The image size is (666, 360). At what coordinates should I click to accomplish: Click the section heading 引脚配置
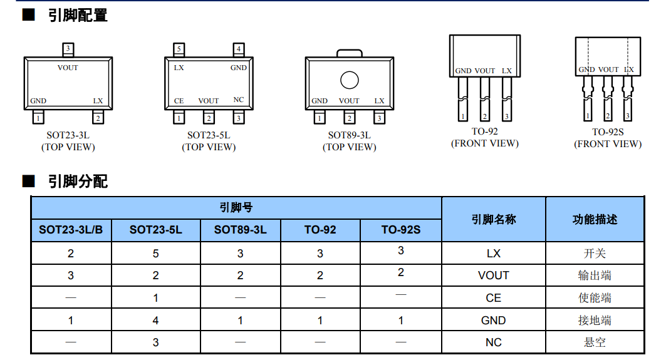point(77,15)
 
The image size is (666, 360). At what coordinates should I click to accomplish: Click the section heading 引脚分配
point(77,182)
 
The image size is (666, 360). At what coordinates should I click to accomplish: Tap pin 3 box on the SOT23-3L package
point(68,49)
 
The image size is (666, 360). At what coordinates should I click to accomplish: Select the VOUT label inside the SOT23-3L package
point(68,68)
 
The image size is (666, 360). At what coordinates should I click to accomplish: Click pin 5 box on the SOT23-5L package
point(179,49)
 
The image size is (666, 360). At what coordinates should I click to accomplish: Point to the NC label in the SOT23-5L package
point(238,100)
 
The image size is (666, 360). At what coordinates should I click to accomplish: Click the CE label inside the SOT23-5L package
point(179,101)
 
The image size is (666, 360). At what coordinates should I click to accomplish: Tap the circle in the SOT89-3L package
point(349,80)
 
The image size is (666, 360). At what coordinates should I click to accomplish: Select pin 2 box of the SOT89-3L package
point(349,118)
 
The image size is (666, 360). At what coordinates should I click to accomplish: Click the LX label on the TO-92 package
point(506,71)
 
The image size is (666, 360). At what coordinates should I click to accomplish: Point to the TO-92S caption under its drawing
point(608,132)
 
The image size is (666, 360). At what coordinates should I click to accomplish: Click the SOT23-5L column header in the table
point(155,230)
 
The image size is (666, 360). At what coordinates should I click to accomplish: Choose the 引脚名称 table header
point(493,219)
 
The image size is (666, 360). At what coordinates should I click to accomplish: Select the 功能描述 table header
point(594,219)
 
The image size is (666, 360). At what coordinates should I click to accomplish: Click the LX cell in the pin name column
point(493,253)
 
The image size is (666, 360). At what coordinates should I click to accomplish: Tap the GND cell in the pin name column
point(493,321)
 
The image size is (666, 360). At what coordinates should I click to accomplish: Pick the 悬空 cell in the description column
point(594,342)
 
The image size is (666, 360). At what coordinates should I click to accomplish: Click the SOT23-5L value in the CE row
point(155,298)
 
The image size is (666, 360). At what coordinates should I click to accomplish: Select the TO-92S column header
point(401,230)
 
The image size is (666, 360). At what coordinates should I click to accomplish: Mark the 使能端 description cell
point(594,298)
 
